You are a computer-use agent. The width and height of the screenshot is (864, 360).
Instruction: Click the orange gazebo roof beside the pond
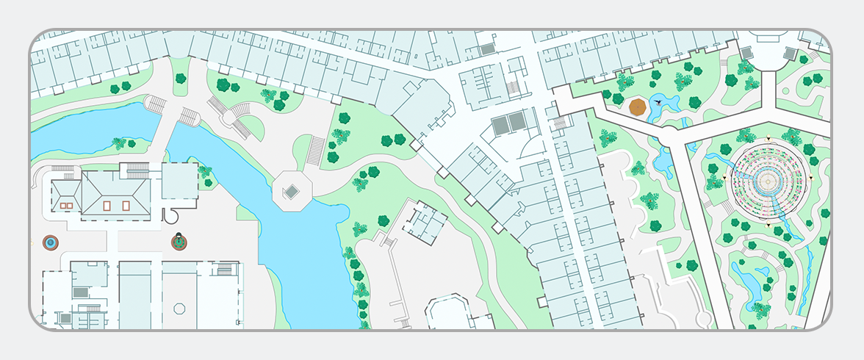click(x=637, y=107)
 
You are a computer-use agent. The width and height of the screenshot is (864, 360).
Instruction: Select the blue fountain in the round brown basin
click(x=50, y=242)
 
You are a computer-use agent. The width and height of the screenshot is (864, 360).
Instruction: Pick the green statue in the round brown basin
click(x=179, y=241)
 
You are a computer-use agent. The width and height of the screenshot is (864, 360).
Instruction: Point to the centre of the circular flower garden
click(x=767, y=180)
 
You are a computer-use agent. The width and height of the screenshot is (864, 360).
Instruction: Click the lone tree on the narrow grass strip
click(x=180, y=77)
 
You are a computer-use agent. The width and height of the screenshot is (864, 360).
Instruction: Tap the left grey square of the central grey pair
click(x=500, y=124)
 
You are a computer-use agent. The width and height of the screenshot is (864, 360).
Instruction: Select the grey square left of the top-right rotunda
click(x=746, y=53)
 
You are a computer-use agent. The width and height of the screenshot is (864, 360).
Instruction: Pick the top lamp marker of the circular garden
click(x=767, y=138)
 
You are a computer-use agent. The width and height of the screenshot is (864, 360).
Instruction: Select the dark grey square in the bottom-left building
click(x=81, y=292)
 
